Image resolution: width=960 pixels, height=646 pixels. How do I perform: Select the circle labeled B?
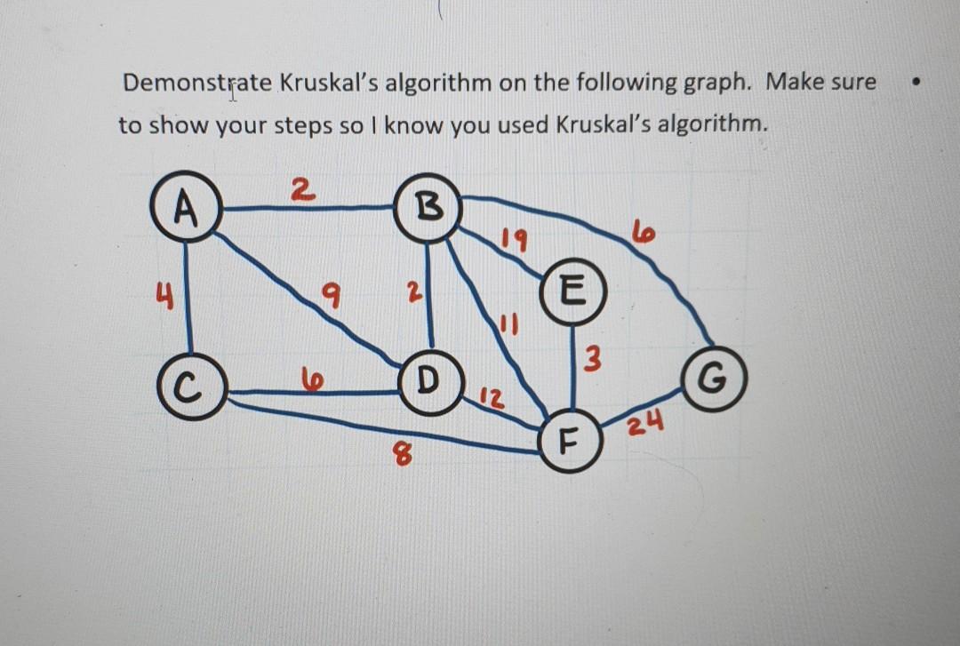coord(428,209)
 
